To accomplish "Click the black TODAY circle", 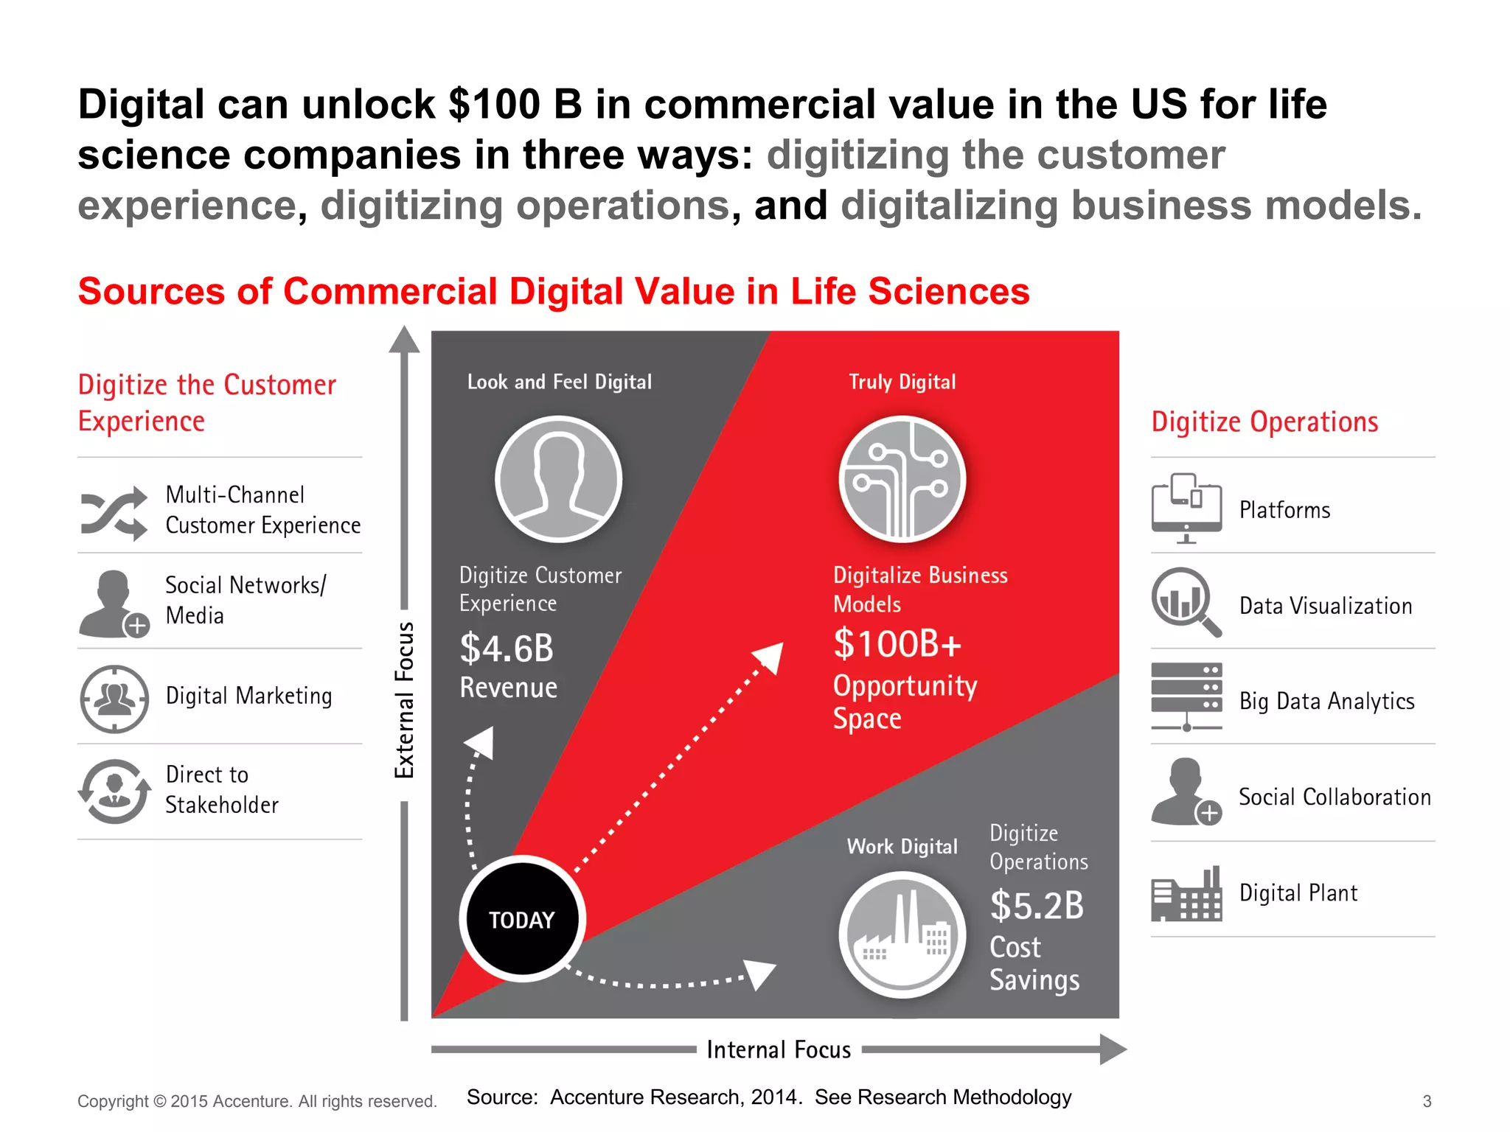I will click(x=522, y=919).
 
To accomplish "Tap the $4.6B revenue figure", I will click(x=507, y=649).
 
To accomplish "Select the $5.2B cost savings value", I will click(x=1037, y=906).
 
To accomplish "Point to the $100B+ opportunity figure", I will click(x=897, y=644).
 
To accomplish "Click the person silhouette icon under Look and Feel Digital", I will click(x=558, y=479).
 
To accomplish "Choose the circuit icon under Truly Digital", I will click(x=902, y=479).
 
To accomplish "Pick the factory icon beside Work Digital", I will click(x=902, y=934).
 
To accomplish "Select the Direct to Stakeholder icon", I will click(x=114, y=792).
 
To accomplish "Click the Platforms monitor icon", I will click(x=1186, y=508).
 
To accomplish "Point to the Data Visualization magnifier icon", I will click(x=1185, y=601).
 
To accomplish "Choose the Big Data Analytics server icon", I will click(x=1186, y=696).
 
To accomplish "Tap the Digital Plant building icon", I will click(x=1186, y=895).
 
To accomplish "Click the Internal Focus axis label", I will click(x=779, y=1049).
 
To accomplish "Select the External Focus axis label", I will click(x=404, y=700).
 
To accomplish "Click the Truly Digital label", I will click(x=902, y=382).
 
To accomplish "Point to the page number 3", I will click(x=1427, y=1101).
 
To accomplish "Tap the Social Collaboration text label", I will click(x=1335, y=797).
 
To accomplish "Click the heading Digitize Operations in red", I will click(x=1264, y=422).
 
